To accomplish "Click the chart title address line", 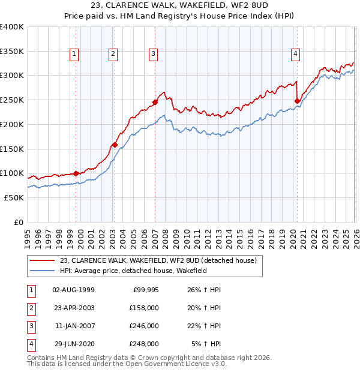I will [180, 7].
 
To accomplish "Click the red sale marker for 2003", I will [114, 144].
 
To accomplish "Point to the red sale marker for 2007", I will [155, 102].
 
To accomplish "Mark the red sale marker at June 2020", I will [297, 101].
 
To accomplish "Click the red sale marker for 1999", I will [76, 173].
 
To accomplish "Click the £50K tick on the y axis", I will [14, 197].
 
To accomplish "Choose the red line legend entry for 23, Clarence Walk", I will [158, 260].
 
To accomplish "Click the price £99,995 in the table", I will [145, 290].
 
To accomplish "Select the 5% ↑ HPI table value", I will [206, 344].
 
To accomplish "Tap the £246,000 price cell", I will [144, 326].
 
